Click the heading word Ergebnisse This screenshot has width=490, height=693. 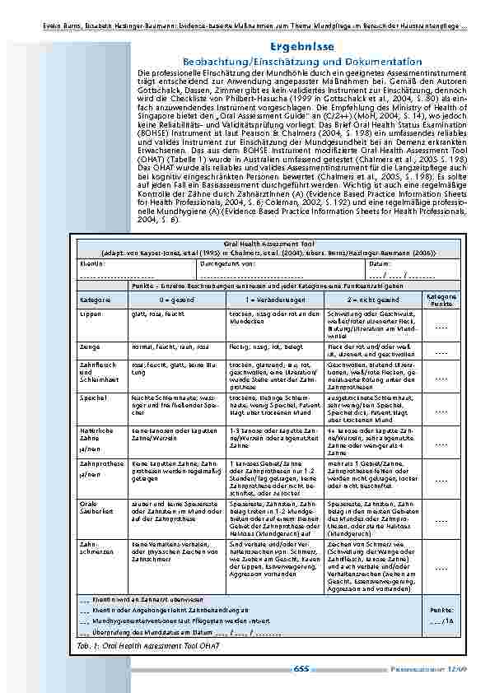303,48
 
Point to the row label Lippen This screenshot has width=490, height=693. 91,314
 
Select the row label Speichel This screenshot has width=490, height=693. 93,397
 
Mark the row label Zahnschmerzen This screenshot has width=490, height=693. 93,548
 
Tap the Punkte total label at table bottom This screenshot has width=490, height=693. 441,610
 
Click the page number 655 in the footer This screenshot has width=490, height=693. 301,668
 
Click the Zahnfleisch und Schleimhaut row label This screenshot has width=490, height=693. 96,370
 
